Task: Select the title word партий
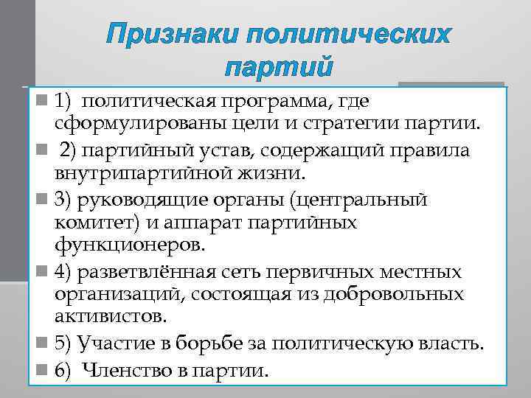[278, 69]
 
